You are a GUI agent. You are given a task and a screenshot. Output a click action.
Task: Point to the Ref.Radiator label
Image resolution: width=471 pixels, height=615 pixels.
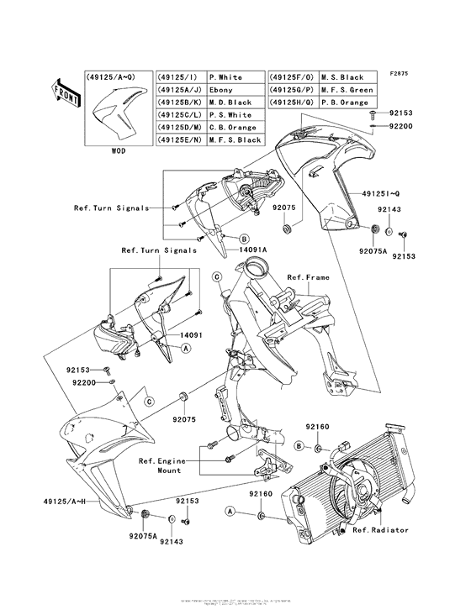coord(379,530)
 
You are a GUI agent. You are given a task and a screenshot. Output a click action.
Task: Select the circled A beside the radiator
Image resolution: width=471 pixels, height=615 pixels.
coord(229,511)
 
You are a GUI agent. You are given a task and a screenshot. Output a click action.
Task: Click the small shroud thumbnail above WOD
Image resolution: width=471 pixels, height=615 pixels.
coord(114,115)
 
